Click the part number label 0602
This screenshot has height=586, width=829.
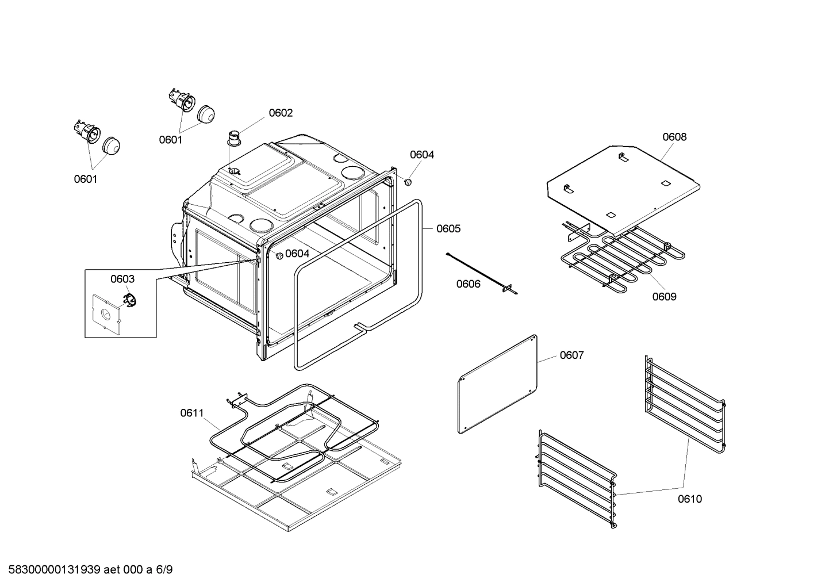pyautogui.click(x=281, y=113)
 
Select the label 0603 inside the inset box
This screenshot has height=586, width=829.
pyautogui.click(x=122, y=279)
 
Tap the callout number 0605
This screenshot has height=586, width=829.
pyautogui.click(x=448, y=228)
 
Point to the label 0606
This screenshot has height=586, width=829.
pyautogui.click(x=468, y=284)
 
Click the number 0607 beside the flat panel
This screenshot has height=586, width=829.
pyautogui.click(x=571, y=355)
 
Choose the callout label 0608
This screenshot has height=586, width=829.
pyautogui.click(x=674, y=136)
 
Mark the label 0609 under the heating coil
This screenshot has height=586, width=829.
pyautogui.click(x=664, y=296)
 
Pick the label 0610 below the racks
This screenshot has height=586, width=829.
pyautogui.click(x=689, y=499)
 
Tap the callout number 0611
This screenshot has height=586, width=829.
pyautogui.click(x=191, y=412)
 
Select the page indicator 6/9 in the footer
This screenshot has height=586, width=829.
pyautogui.click(x=164, y=570)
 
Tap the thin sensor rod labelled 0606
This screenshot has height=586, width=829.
pyautogui.click(x=480, y=273)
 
